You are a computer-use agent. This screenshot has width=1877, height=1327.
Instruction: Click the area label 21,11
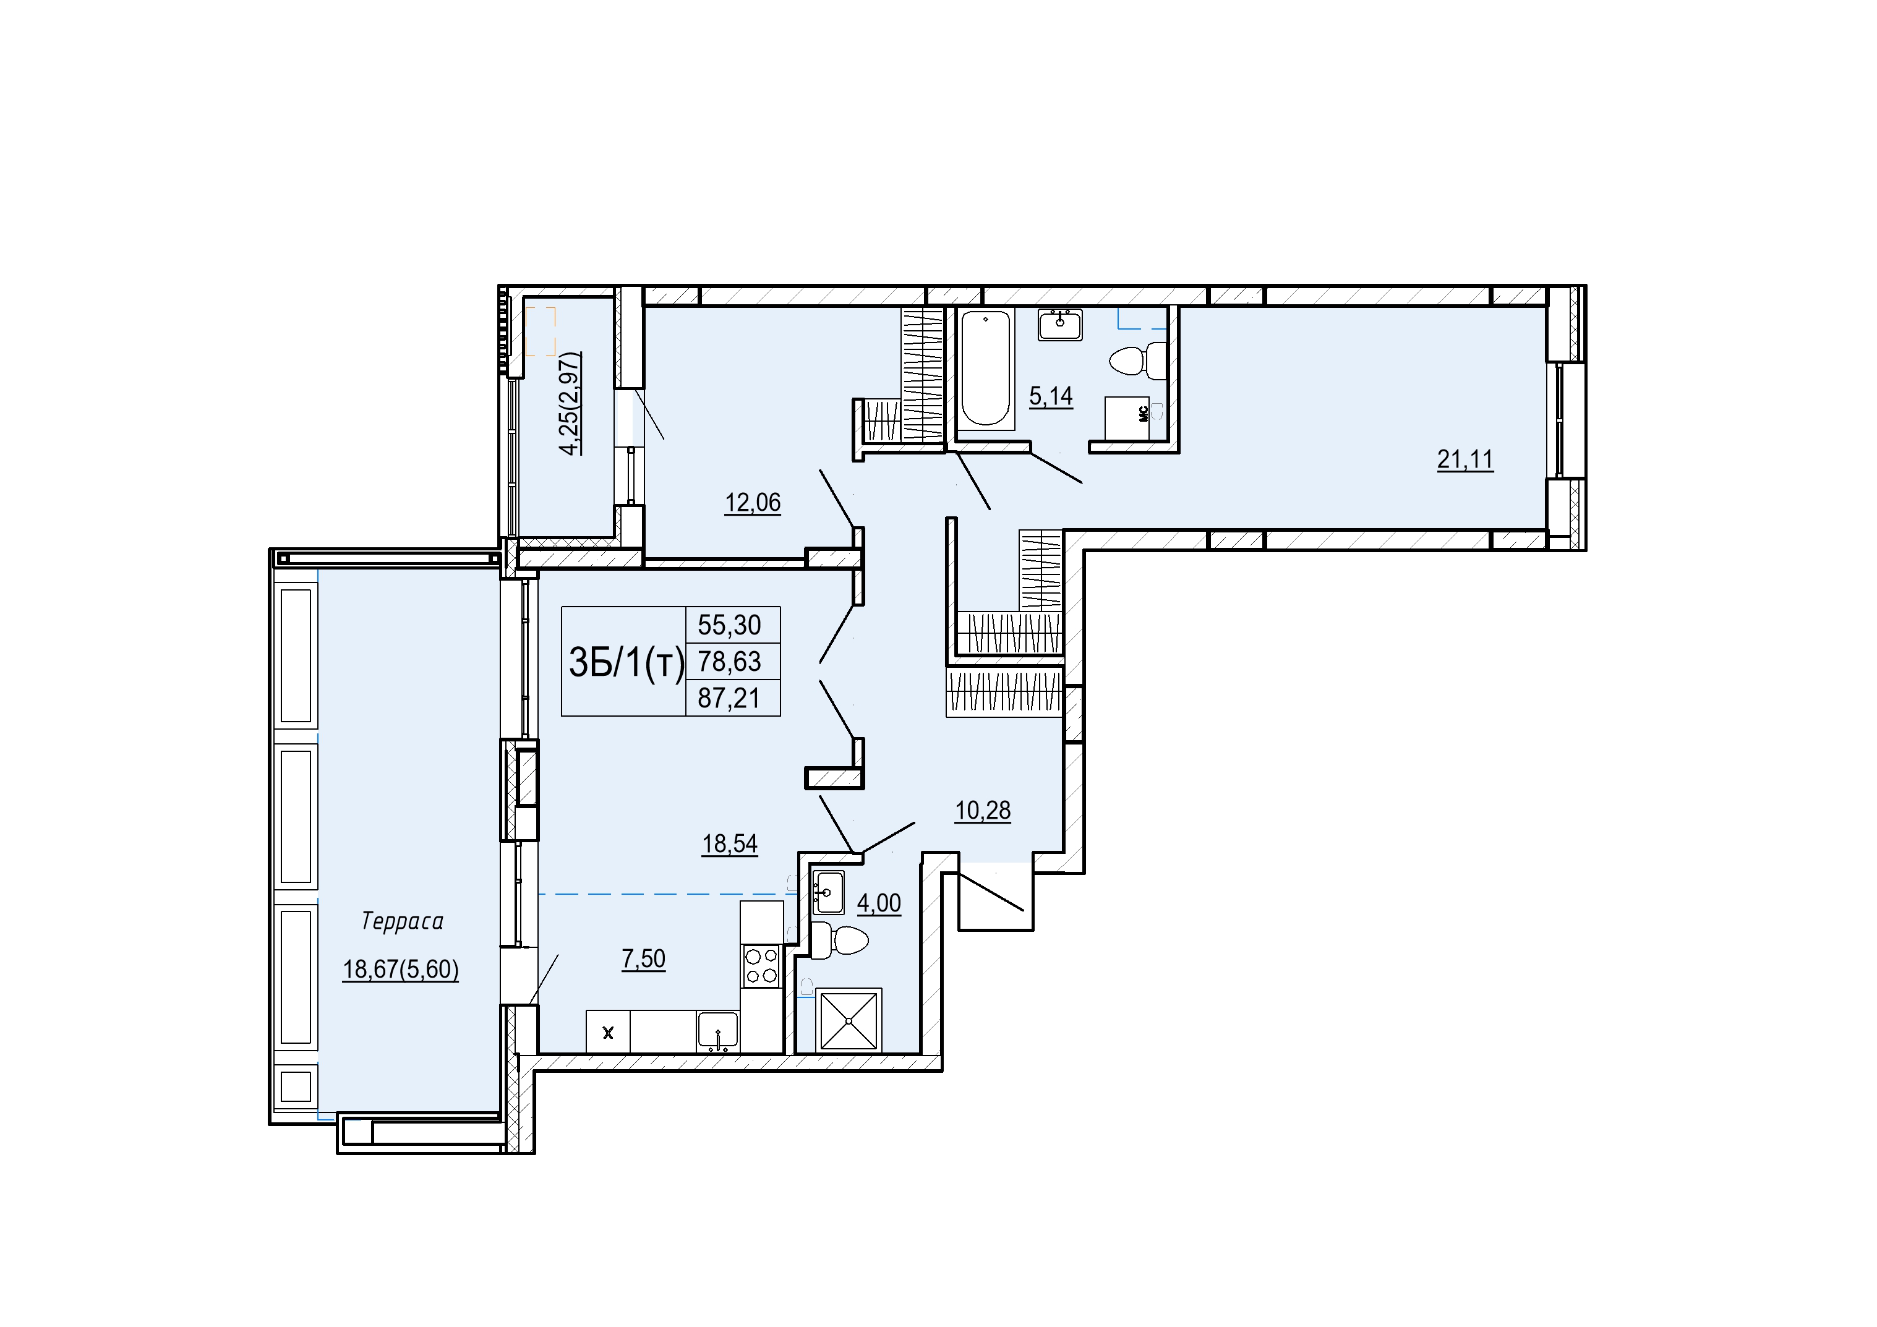point(1465,460)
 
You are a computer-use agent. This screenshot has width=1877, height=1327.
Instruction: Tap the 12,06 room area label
point(753,503)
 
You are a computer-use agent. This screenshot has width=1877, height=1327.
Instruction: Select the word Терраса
point(402,921)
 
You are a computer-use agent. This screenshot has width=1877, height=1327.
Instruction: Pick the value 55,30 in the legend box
point(729,626)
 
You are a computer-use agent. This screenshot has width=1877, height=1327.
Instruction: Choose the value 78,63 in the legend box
point(729,662)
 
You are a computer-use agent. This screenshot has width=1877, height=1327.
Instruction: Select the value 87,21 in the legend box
point(729,698)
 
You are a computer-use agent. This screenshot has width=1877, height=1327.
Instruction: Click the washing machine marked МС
point(1133,418)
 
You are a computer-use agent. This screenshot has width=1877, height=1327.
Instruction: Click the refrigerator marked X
point(608,1033)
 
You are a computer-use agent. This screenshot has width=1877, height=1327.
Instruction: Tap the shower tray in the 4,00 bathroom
point(849,1021)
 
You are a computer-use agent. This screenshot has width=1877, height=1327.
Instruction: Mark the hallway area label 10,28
point(983,811)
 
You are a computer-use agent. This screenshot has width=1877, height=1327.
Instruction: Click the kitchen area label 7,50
point(643,959)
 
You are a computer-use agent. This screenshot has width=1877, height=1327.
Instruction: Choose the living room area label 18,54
point(730,844)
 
